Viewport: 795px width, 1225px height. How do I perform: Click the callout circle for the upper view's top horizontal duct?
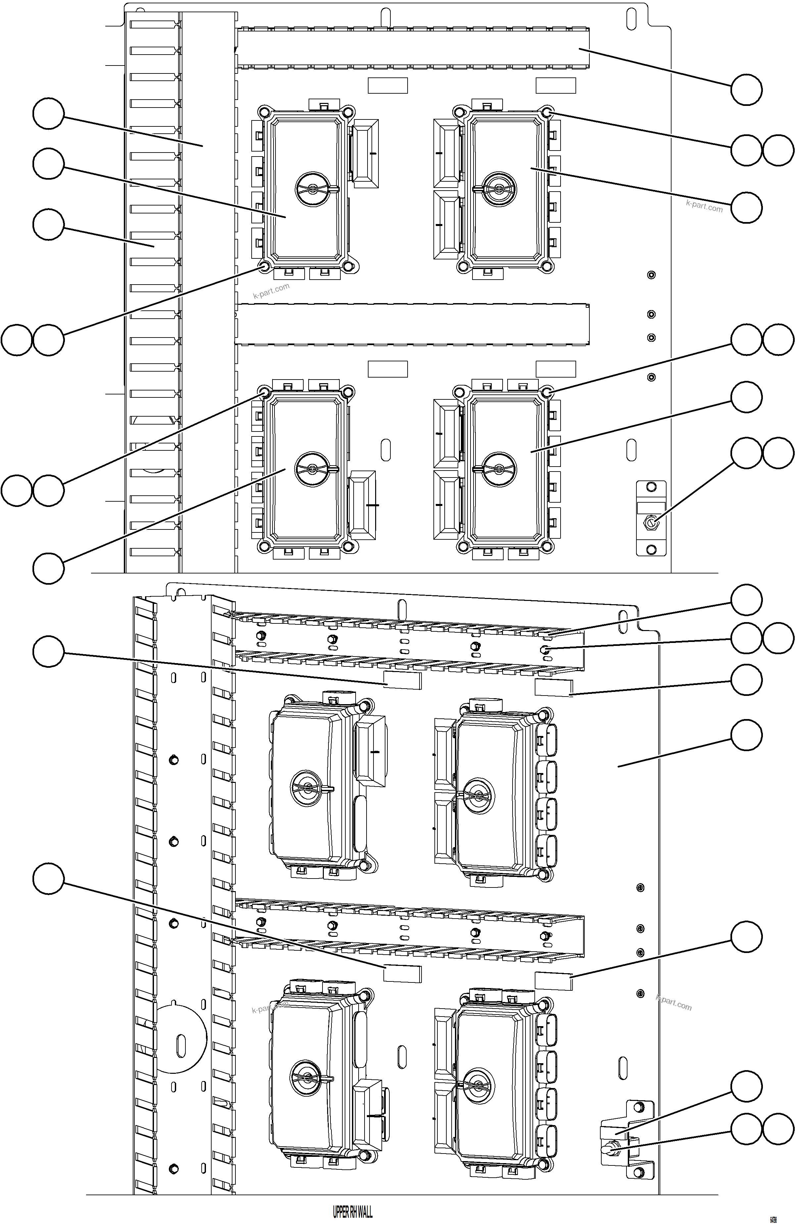[x=746, y=90]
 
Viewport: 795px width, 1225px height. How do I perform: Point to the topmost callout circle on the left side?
[x=48, y=114]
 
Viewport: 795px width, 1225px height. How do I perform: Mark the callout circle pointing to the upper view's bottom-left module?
[x=48, y=568]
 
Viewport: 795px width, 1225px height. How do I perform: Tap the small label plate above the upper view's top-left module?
[x=388, y=85]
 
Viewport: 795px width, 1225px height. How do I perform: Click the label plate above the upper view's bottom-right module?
[x=556, y=369]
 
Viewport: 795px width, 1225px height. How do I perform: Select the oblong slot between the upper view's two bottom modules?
[x=385, y=450]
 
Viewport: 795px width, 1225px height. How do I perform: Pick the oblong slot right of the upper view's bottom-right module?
[x=631, y=450]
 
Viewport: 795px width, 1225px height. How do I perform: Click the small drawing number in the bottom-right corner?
[x=773, y=1219]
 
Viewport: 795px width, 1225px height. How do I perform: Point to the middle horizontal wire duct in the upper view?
[x=412, y=324]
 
